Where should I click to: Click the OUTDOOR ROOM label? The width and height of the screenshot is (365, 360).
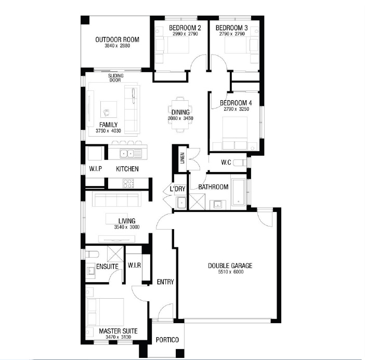tap(118, 39)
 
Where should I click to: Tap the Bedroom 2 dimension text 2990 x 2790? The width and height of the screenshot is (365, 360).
tap(185, 34)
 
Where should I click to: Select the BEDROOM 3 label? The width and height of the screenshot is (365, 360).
tap(231, 28)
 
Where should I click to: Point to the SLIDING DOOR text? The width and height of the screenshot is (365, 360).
tap(115, 78)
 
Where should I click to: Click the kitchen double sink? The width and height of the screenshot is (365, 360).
tap(127, 153)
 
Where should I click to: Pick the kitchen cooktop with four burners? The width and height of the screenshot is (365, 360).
tap(128, 183)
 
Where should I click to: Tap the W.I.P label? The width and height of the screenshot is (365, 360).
tap(96, 169)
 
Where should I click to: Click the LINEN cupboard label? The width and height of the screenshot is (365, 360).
tap(182, 158)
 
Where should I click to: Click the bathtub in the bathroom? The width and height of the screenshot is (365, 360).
tap(239, 192)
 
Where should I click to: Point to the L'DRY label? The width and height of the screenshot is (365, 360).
tap(178, 189)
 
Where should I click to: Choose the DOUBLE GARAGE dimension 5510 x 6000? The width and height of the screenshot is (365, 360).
tap(230, 272)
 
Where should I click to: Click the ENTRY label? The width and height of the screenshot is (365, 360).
tap(165, 282)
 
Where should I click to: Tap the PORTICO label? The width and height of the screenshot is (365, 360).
tap(167, 340)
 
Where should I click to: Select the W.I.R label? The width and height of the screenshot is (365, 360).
tap(134, 265)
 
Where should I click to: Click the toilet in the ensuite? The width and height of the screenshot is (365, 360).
tap(92, 254)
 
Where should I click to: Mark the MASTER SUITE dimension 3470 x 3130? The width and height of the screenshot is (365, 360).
tap(118, 337)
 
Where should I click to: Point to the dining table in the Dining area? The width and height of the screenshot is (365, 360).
tap(180, 114)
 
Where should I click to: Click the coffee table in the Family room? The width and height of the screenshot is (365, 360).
tap(109, 110)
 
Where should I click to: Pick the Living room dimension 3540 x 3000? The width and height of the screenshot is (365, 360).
tap(127, 227)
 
